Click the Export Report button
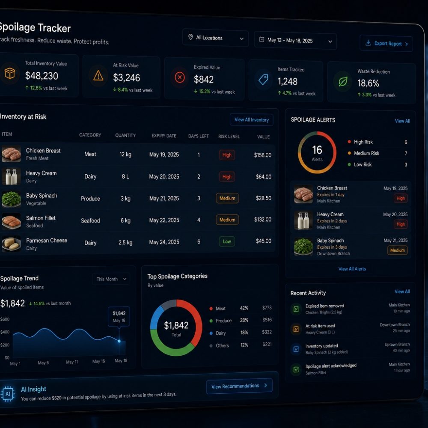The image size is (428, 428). [x=386, y=43]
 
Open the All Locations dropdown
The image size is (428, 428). [x=215, y=38]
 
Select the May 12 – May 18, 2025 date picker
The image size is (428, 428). [x=295, y=41]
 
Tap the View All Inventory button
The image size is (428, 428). [x=251, y=120]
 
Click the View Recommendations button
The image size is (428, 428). [x=239, y=386]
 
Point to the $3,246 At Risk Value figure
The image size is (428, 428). [x=126, y=78]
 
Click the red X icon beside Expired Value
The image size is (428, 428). [x=180, y=77]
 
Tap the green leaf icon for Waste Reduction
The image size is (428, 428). [x=343, y=81]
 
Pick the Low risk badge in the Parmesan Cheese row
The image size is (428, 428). [x=227, y=241]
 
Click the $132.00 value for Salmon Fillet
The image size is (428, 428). [x=263, y=220]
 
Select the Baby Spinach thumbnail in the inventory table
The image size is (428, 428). [x=11, y=199]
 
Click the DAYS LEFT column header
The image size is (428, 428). [x=199, y=136]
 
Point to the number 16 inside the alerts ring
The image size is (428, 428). [x=317, y=150]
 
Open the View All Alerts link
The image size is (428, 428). [x=352, y=269]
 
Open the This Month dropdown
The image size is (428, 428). [x=111, y=279]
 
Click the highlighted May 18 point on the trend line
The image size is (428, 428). [x=119, y=341]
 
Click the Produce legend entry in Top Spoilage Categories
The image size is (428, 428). [x=221, y=321]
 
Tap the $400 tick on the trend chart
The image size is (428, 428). [x=5, y=332]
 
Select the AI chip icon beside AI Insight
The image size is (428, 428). [x=8, y=394]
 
